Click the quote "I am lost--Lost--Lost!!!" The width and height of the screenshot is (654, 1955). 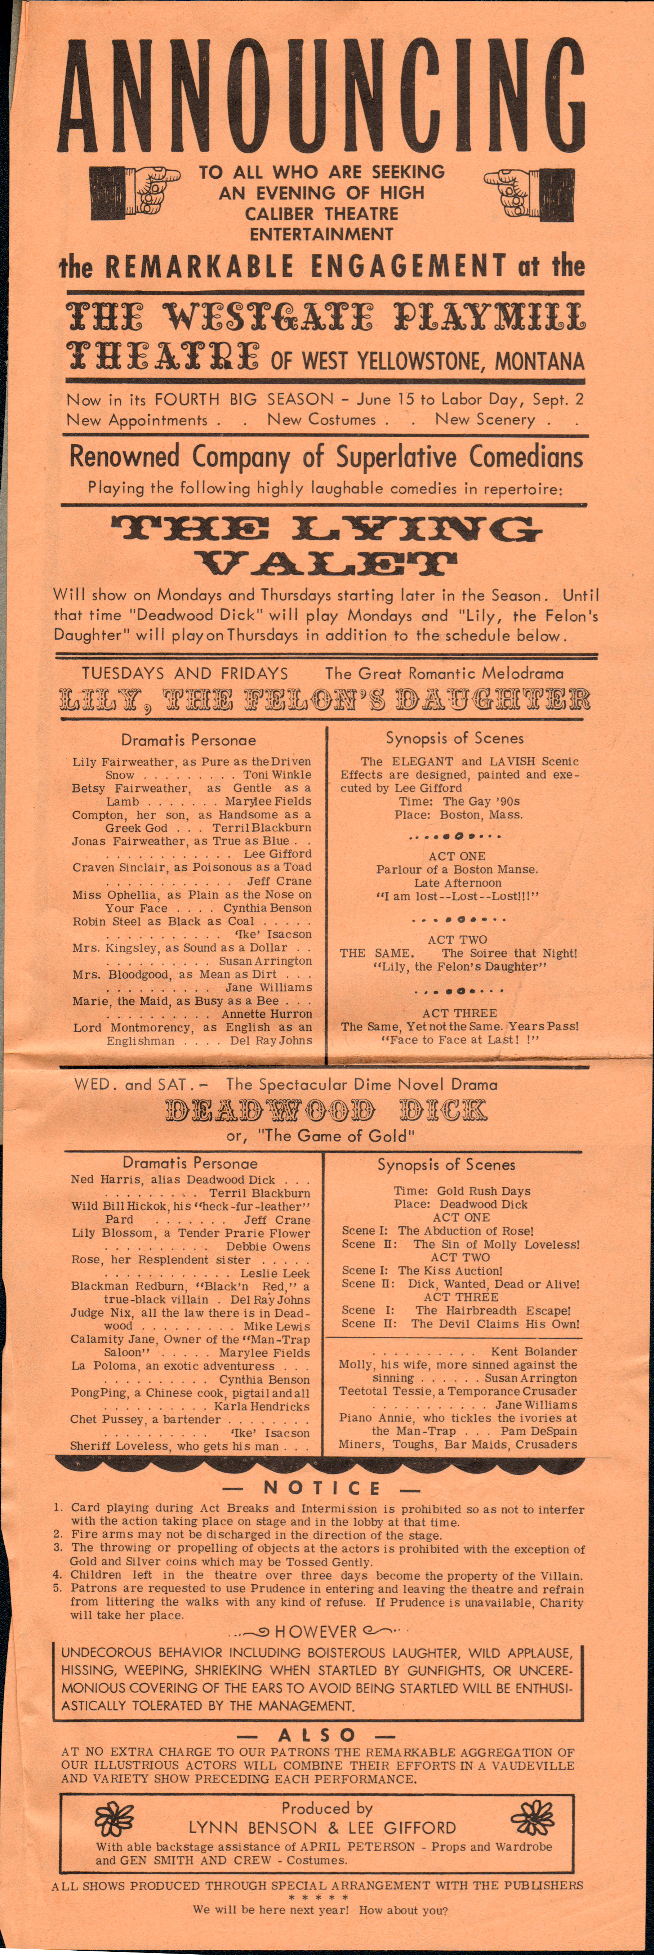tap(458, 896)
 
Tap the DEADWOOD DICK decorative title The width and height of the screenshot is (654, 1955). tap(326, 1111)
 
